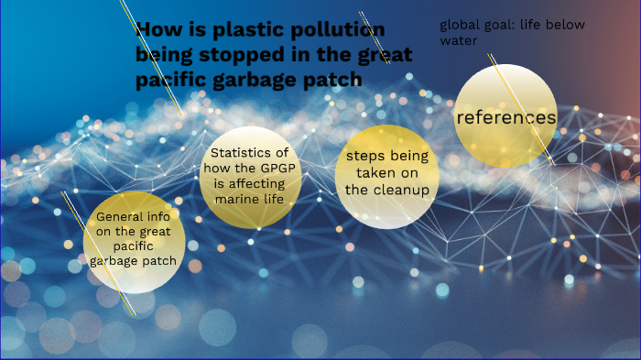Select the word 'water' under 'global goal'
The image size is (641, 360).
tap(459, 41)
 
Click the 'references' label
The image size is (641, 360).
tap(505, 117)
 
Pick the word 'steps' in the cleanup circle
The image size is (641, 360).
tap(355, 156)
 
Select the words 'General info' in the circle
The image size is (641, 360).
tap(133, 218)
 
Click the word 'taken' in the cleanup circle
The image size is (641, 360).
tap(375, 172)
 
